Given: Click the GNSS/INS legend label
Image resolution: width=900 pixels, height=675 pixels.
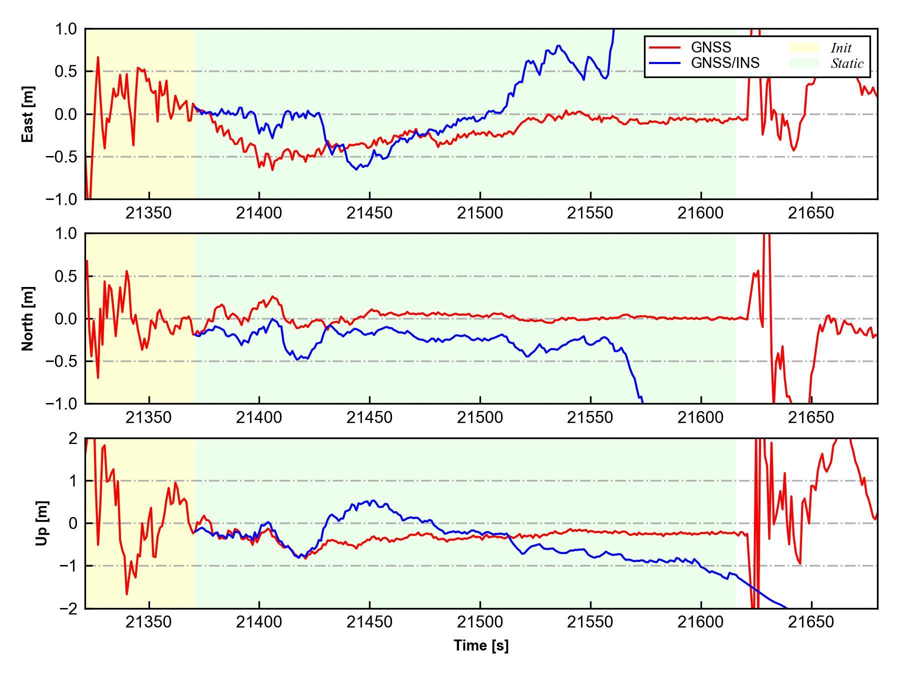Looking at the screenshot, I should [x=725, y=63].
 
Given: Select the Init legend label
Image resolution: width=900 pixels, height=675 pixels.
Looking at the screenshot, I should [x=841, y=48].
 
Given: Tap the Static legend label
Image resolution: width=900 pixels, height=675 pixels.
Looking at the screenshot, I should [x=847, y=63].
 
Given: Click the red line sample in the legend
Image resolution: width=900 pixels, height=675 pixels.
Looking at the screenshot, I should [x=664, y=47].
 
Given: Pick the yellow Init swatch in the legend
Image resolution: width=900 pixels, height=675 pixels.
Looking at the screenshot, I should [x=804, y=47].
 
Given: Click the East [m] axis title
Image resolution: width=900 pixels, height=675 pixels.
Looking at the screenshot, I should [x=28, y=114].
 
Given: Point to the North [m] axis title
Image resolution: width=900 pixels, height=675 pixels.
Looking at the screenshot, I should [x=28, y=318].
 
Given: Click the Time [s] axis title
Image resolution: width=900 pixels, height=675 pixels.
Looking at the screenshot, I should [x=481, y=645].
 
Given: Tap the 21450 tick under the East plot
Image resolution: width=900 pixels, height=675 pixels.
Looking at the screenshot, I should [x=369, y=213].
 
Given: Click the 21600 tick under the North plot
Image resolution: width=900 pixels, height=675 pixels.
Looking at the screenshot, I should [x=700, y=418].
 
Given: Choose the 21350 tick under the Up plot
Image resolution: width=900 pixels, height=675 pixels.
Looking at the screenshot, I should [x=148, y=622].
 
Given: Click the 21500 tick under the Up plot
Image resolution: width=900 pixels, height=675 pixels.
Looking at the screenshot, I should [x=480, y=622].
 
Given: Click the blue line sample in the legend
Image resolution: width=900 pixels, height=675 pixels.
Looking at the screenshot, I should [x=664, y=63].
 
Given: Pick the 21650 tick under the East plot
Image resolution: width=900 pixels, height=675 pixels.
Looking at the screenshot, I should [x=811, y=213].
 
